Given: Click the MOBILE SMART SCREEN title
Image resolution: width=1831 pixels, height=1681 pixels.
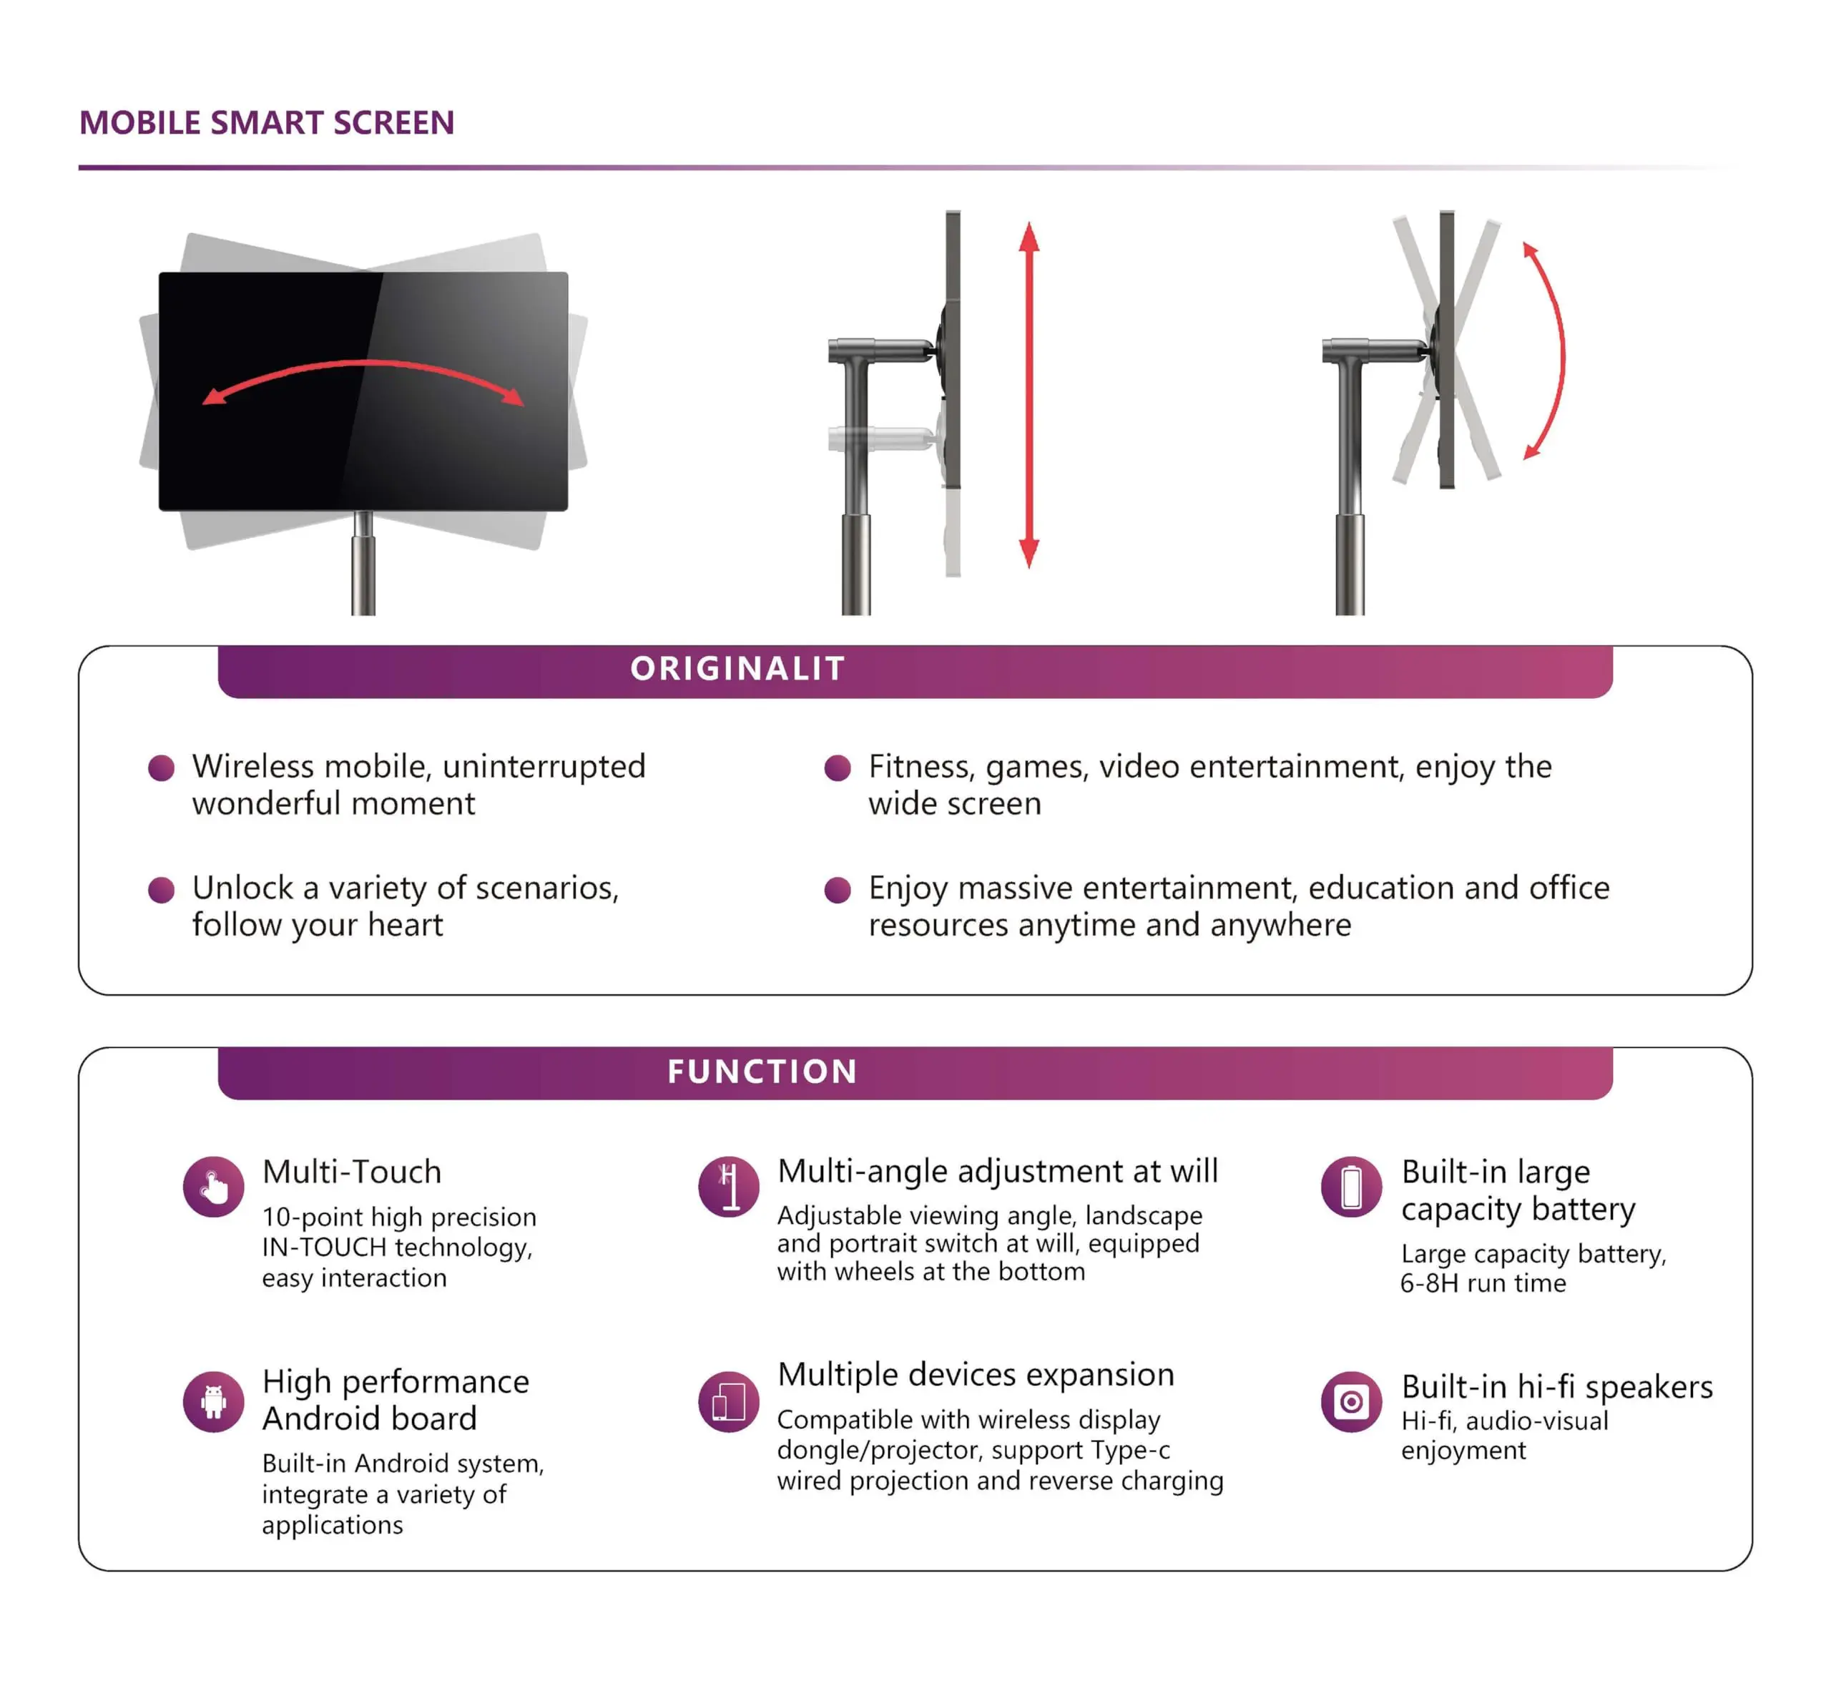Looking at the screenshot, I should point(267,123).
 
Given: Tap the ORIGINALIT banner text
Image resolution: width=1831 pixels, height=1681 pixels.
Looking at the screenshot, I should point(737,669).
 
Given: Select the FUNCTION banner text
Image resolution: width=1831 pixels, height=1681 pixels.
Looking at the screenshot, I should point(762,1072).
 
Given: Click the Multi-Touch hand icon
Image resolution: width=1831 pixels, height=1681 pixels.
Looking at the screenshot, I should point(214,1187).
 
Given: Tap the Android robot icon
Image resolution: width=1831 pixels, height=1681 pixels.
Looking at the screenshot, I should point(214,1402).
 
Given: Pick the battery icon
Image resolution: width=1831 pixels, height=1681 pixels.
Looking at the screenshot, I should point(1351,1187).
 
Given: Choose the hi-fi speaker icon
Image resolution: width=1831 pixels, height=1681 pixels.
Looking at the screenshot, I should point(1351,1402).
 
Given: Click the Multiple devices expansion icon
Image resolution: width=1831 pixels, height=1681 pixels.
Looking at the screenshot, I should point(729,1402).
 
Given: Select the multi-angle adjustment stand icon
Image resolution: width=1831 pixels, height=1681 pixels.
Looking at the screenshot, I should point(729,1187).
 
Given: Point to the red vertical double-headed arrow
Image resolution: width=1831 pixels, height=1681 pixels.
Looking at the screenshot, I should point(1029,396).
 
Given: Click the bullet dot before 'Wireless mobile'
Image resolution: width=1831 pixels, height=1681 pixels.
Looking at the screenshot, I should point(162,768).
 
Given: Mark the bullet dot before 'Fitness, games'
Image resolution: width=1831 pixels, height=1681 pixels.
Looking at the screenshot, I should point(837,768).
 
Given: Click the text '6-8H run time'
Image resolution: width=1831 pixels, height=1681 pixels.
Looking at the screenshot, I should point(1483,1283).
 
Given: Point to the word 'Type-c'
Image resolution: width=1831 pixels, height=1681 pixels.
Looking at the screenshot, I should point(1131,1450).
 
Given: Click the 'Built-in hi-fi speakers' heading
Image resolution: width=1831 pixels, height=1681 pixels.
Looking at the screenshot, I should point(1556,1386).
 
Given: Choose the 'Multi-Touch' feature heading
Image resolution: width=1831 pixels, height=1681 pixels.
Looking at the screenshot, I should point(352,1172).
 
